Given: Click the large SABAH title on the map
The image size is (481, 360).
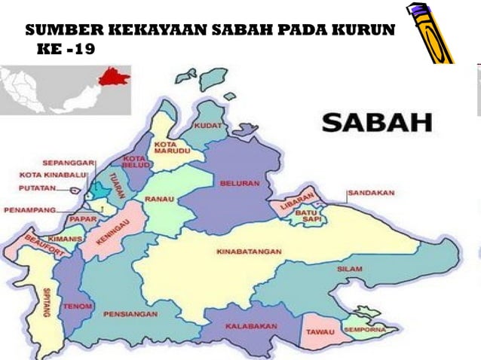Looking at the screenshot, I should [377, 122].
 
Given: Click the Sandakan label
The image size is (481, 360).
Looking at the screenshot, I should [371, 193].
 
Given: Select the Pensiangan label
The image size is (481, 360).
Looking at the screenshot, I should [130, 313].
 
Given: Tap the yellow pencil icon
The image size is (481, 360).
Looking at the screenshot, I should [430, 33].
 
